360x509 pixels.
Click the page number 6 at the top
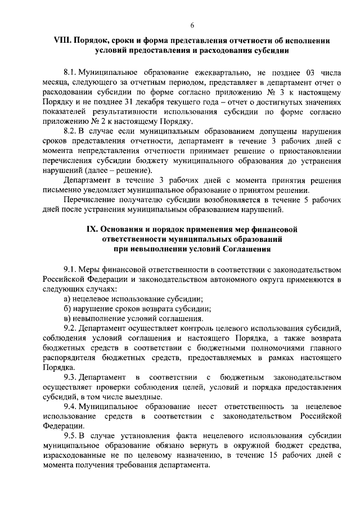(192, 25)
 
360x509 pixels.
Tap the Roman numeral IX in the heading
(91, 229)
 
